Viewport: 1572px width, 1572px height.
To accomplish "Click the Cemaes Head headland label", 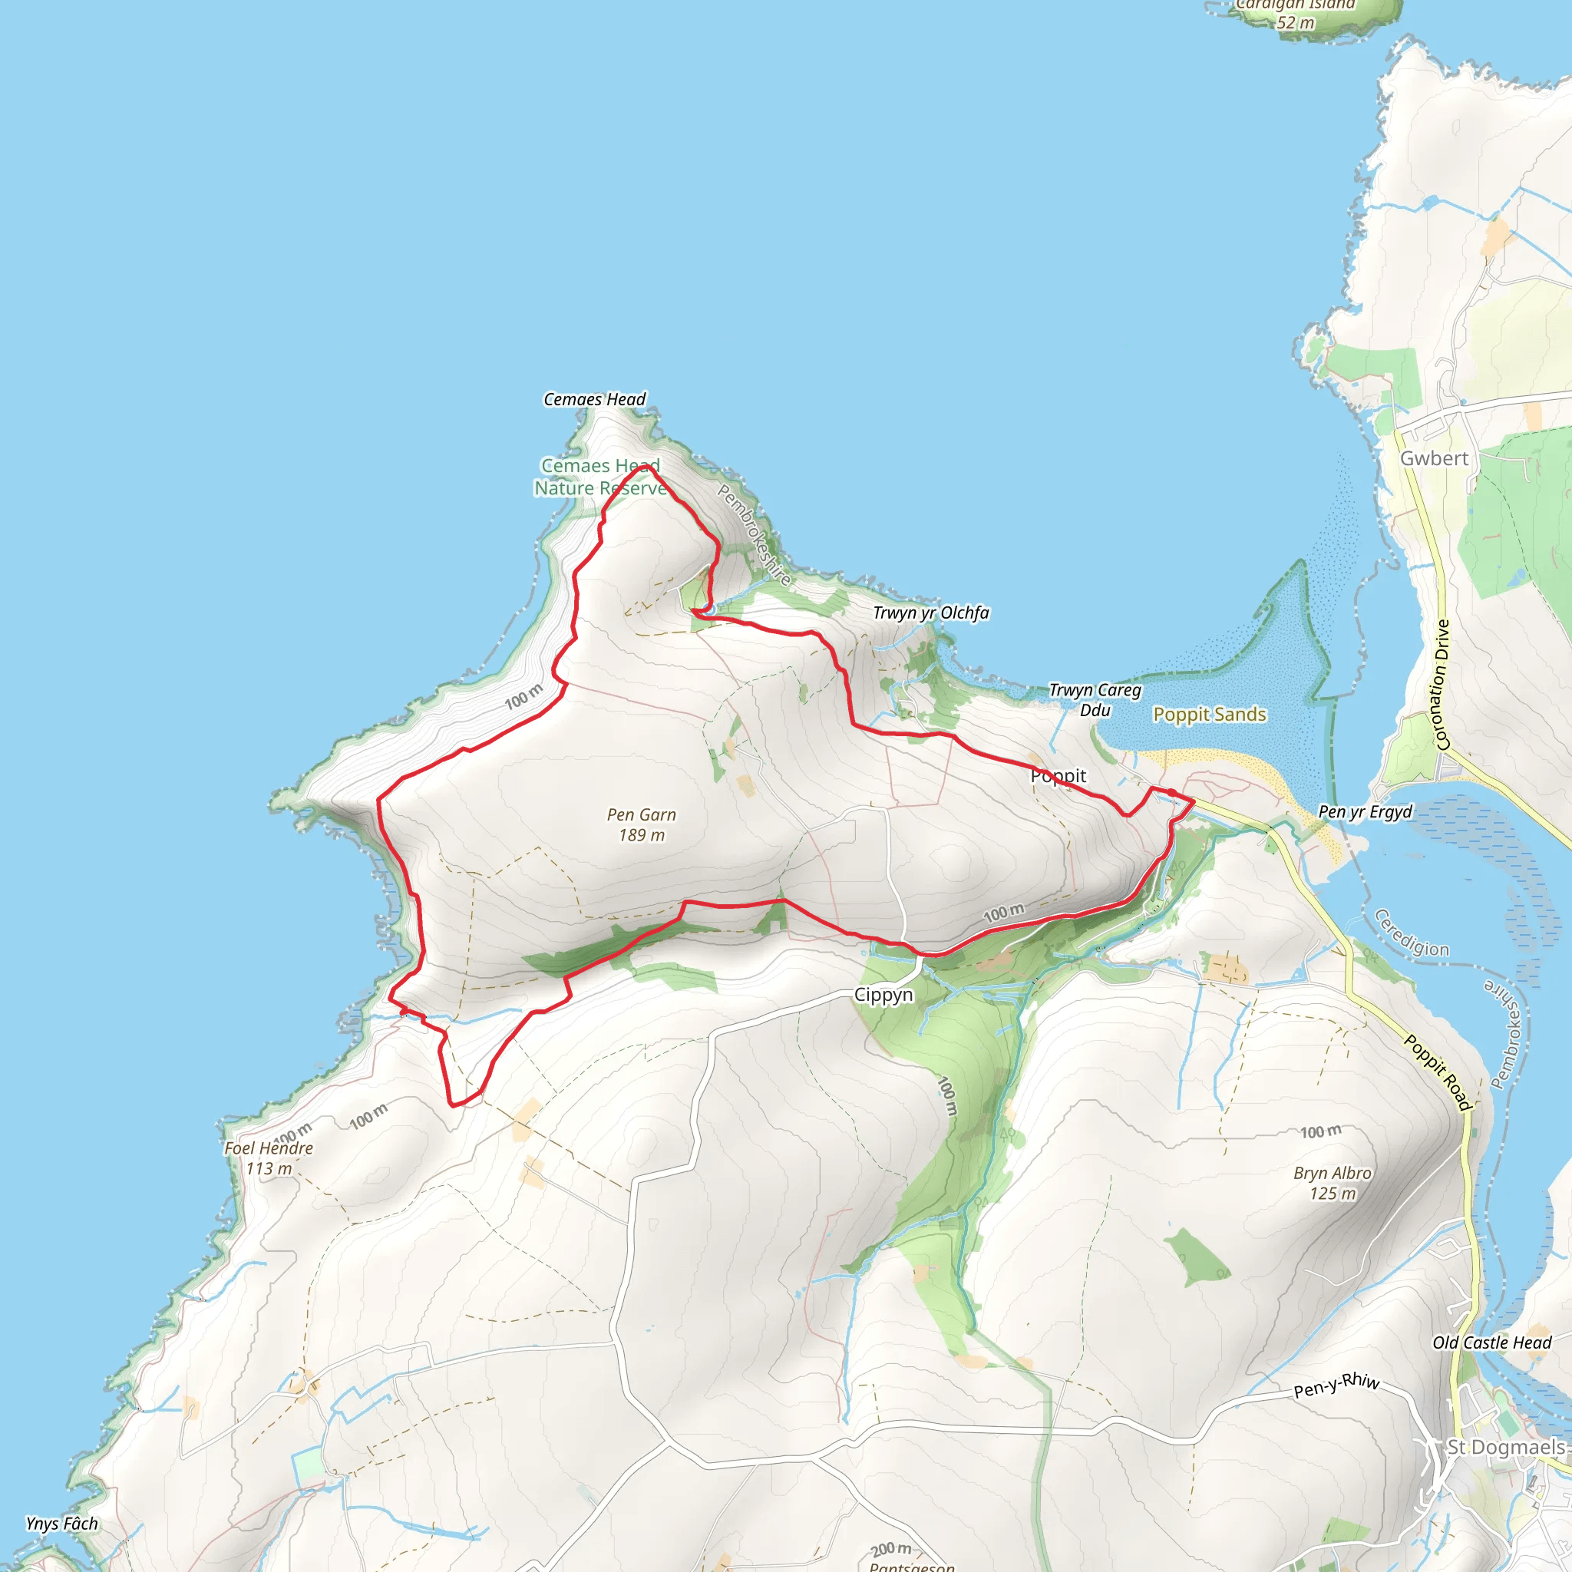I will coord(594,399).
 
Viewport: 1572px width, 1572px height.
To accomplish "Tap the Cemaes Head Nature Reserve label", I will coord(600,477).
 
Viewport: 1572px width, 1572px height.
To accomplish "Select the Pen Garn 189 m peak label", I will coord(641,824).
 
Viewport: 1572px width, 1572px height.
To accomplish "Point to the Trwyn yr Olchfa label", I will coord(931,613).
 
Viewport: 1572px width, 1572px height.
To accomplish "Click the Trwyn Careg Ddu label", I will coord(1095,700).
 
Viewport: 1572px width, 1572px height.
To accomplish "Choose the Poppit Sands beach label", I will coord(1209,715).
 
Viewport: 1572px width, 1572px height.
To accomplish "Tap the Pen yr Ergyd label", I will coord(1365,811).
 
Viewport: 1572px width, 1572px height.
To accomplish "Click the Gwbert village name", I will coord(1434,459).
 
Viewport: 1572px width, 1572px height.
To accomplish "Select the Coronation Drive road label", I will coord(1442,684).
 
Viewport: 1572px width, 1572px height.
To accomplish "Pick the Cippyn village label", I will coord(883,994).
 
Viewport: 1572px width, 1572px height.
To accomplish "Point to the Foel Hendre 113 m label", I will coord(269,1158).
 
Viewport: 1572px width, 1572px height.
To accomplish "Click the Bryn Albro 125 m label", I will coord(1332,1183).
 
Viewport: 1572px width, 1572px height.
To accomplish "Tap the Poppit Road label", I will coord(1438,1072).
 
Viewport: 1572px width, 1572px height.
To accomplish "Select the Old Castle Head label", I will coord(1491,1342).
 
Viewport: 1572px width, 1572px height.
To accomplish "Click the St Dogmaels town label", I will coord(1506,1448).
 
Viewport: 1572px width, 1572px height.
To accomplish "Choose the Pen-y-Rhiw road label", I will coord(1336,1384).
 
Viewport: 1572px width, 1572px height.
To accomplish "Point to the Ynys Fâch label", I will coord(62,1523).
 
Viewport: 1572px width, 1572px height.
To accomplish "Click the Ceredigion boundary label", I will coord(1411,933).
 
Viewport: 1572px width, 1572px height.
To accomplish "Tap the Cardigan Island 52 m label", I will coord(1296,13).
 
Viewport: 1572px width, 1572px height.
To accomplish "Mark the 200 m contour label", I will coord(891,1550).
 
